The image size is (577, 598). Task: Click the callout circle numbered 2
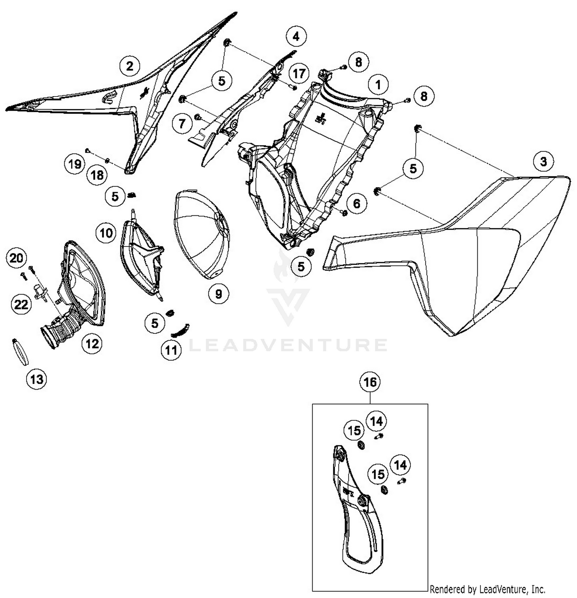pos(130,66)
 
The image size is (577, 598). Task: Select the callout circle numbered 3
pos(543,161)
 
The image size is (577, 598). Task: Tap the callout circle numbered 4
pos(296,37)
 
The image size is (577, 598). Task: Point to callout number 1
pos(378,85)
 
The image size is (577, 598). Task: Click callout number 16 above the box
pos(370,382)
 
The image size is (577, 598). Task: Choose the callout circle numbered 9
pos(218,294)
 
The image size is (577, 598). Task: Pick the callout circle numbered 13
pos(37,380)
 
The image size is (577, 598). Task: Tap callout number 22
pos(21,305)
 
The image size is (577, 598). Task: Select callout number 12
pos(92,343)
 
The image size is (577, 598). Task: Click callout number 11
pos(171,350)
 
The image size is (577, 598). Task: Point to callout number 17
pos(299,73)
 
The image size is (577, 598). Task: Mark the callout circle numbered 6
pos(356,203)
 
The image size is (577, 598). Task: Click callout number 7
pos(182,123)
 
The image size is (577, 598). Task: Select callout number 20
pos(16,258)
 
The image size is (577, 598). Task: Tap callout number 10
pos(106,233)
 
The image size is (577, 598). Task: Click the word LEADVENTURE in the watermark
pos(288,345)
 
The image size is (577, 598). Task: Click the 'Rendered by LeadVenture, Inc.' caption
pos(487,589)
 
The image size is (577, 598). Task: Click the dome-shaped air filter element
pos(202,234)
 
